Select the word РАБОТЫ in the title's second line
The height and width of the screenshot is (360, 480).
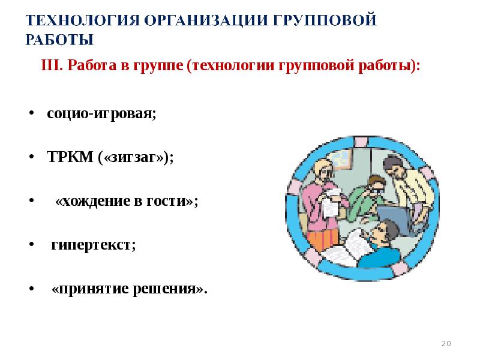click(60, 40)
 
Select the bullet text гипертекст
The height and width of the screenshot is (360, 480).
click(94, 245)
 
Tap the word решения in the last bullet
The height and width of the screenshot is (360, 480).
click(175, 289)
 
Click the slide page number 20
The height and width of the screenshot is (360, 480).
click(446, 343)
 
